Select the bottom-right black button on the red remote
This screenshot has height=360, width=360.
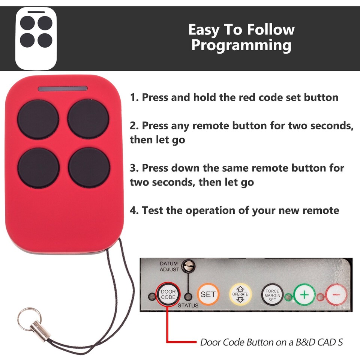point(89,168)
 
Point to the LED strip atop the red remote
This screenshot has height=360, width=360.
point(63,88)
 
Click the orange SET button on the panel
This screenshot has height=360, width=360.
point(208,294)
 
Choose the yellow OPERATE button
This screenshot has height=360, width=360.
point(240,294)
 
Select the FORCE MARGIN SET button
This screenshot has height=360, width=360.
point(272,295)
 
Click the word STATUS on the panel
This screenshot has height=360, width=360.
point(188,306)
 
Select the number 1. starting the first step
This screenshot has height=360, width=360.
point(134,98)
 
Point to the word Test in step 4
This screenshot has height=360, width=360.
point(152,210)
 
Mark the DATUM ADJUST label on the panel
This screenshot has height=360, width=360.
point(169,267)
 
